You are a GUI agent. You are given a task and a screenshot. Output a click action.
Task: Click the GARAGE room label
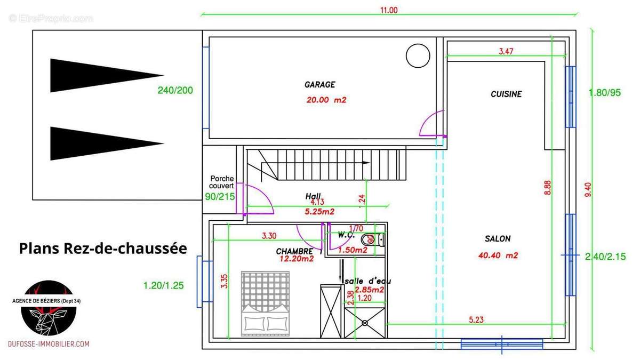[319, 85]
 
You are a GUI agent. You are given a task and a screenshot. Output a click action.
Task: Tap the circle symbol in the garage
[418, 55]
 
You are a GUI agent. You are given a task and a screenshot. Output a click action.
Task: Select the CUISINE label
[506, 94]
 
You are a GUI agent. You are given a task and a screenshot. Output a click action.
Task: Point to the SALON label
[498, 238]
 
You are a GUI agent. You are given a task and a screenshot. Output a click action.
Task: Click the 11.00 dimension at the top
[389, 10]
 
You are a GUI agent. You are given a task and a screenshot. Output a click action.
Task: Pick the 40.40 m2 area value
[498, 255]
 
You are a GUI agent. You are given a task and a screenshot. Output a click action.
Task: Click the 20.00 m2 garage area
[326, 100]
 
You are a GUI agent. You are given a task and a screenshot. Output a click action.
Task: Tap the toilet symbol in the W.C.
[373, 239]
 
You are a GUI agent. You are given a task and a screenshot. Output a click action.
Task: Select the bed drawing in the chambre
[266, 303]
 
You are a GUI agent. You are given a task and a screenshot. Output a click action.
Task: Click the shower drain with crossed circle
[365, 323]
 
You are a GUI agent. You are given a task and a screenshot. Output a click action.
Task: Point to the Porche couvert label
[222, 182]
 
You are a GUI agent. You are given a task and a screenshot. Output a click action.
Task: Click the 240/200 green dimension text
[175, 90]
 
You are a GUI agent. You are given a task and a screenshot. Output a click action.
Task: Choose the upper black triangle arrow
[107, 75]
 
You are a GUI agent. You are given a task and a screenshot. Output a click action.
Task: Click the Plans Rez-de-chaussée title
[103, 249]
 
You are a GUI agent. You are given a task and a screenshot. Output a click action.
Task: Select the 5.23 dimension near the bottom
[476, 319]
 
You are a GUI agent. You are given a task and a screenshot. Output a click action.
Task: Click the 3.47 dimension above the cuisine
[506, 51]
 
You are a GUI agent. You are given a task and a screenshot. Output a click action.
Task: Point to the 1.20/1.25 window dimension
[163, 285]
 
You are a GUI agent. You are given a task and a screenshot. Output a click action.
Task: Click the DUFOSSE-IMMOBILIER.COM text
[49, 344]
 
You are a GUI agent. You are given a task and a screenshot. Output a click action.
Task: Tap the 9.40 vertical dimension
[588, 190]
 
